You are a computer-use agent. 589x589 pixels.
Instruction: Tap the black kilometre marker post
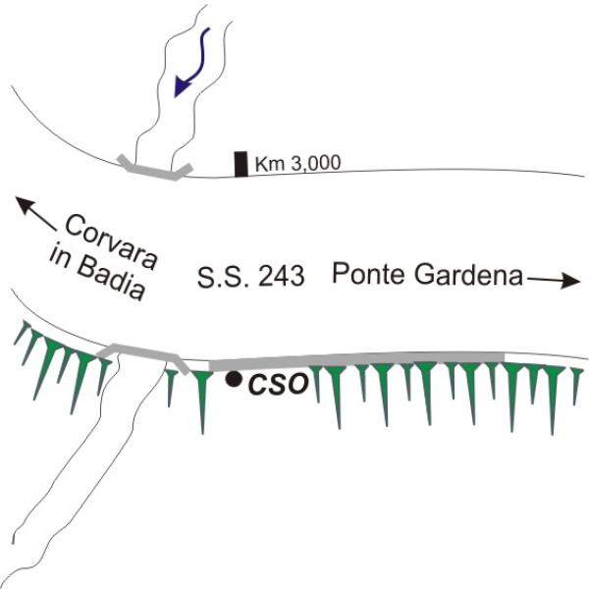pos(241,164)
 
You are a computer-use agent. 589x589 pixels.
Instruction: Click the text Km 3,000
pos(297,164)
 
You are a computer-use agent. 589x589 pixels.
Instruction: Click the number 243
pos(280,278)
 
